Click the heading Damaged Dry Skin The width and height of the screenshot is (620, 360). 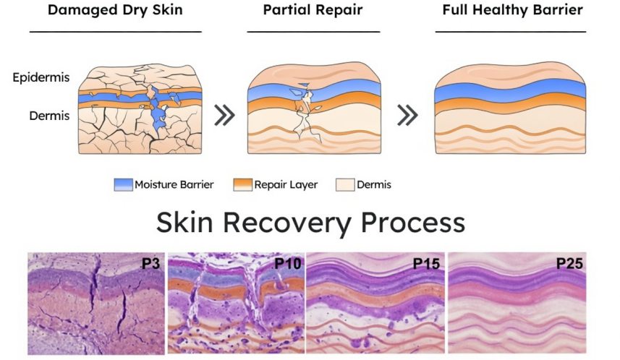[115, 10]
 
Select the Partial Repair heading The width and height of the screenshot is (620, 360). [313, 10]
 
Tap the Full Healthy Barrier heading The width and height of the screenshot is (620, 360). [512, 10]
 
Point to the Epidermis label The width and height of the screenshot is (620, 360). [41, 77]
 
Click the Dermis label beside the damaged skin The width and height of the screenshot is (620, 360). [49, 116]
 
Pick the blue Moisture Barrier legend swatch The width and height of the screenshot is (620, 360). [123, 184]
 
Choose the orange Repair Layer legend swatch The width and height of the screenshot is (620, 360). [243, 184]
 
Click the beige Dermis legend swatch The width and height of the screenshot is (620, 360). [345, 184]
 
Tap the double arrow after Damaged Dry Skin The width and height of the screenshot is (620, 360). [224, 116]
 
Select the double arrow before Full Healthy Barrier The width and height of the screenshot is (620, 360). [407, 116]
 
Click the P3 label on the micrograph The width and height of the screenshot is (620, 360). [150, 264]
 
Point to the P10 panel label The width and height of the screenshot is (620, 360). [288, 264]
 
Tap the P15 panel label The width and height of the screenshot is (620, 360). [427, 264]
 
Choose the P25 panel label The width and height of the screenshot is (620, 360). [570, 264]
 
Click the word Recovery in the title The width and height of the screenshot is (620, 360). [287, 223]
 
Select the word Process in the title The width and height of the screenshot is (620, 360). [413, 223]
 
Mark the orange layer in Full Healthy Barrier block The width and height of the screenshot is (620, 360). [510, 103]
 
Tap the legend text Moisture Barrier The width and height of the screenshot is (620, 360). [174, 184]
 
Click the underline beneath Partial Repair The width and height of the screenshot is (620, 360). [313, 32]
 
